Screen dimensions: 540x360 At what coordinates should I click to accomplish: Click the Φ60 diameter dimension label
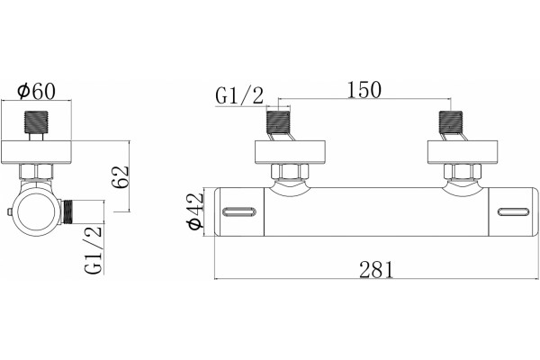click(36, 91)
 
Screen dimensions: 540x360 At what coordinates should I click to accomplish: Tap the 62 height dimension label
click(121, 176)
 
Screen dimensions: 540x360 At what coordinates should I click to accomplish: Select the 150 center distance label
click(364, 90)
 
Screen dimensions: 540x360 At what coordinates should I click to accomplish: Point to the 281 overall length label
click(375, 269)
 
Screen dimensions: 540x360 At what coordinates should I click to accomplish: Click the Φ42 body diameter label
click(195, 211)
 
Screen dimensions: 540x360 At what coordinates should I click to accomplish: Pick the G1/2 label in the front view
click(239, 95)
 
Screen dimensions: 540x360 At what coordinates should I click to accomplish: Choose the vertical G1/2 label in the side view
click(94, 249)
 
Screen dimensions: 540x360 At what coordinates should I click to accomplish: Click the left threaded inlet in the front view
click(278, 123)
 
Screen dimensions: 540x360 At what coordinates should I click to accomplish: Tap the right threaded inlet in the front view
click(451, 123)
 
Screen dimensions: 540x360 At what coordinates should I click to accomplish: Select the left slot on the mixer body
click(239, 211)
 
